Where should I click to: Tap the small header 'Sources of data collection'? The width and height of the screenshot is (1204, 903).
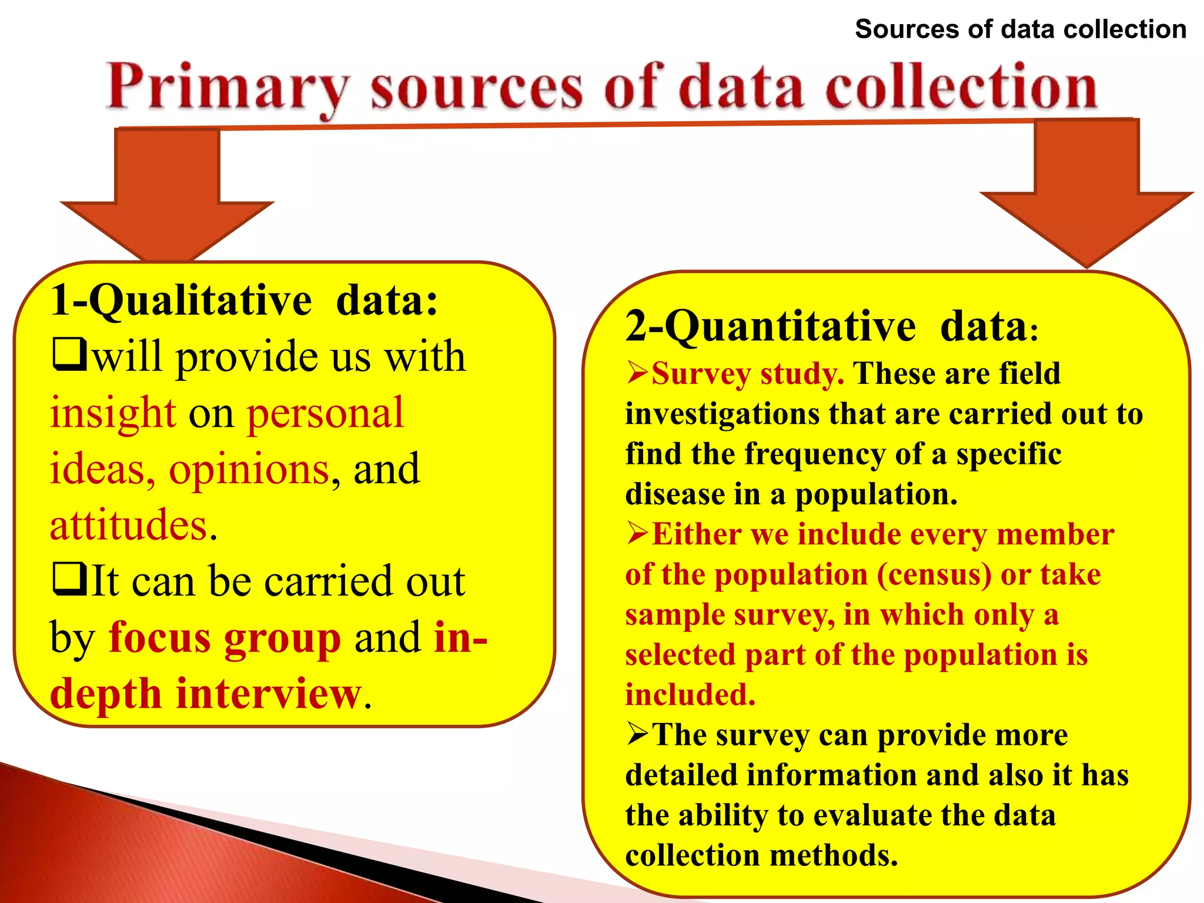(1021, 29)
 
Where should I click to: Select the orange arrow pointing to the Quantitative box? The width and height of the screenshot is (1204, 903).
(1086, 194)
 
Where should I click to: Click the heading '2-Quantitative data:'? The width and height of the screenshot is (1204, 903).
(832, 326)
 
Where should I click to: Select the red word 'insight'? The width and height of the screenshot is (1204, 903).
(113, 413)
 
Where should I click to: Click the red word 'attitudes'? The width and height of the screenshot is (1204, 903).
(129, 525)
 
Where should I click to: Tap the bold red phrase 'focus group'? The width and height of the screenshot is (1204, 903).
(225, 638)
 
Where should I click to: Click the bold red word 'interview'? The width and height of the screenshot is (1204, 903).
(269, 694)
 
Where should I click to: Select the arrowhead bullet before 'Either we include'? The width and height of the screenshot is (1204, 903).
(637, 533)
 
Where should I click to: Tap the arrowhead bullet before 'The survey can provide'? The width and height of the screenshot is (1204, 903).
(637, 734)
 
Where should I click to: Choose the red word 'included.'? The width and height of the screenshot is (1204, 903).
(690, 695)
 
